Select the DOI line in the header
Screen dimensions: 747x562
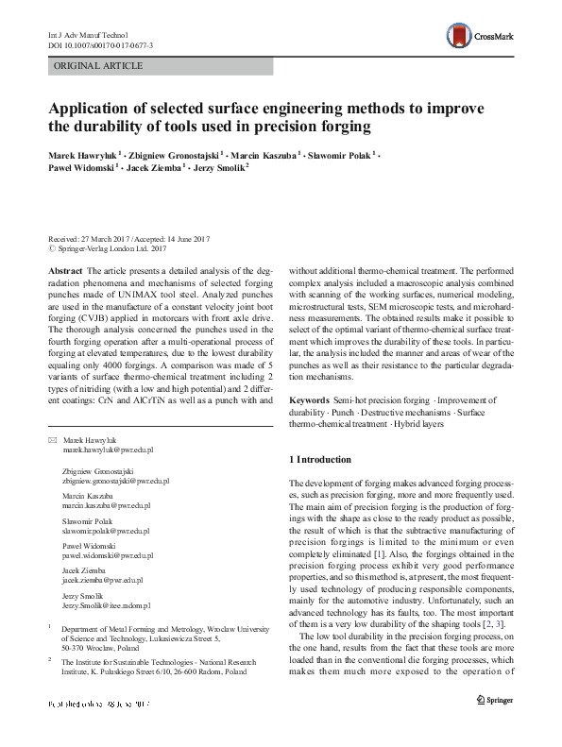coord(100,43)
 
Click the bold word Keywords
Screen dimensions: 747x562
coord(310,400)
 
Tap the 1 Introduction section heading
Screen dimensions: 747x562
coord(326,460)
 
